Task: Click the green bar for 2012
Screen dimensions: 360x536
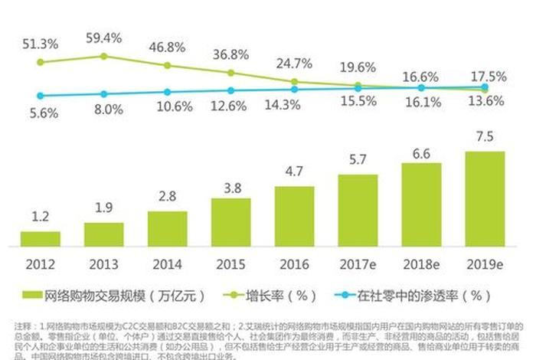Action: click(x=41, y=238)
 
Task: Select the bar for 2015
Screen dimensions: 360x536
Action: click(x=231, y=222)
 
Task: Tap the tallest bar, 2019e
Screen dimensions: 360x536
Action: click(x=485, y=198)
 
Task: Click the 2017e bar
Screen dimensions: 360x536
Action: click(x=358, y=210)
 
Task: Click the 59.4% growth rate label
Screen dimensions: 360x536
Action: click(x=104, y=36)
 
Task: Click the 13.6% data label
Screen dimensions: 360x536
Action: click(x=487, y=100)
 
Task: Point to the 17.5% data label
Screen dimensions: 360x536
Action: click(x=487, y=77)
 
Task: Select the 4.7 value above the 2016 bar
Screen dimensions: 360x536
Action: click(x=295, y=172)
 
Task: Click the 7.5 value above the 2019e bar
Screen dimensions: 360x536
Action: click(x=485, y=138)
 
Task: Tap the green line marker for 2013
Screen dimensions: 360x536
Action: click(x=104, y=56)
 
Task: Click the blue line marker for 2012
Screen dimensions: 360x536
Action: click(x=41, y=96)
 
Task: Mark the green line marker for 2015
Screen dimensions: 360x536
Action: click(x=231, y=73)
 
